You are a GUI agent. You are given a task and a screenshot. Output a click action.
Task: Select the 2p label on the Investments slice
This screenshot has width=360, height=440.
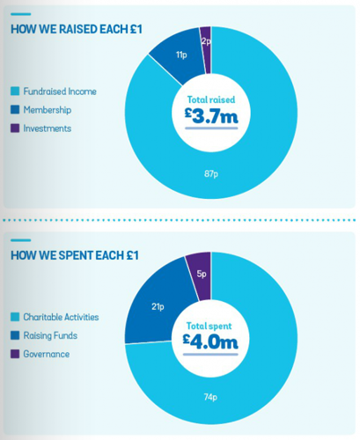pyautogui.click(x=205, y=41)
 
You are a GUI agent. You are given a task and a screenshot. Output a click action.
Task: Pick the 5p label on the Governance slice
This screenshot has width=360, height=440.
pyautogui.click(x=202, y=273)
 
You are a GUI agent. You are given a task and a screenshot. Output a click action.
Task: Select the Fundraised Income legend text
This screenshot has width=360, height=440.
pyautogui.click(x=59, y=91)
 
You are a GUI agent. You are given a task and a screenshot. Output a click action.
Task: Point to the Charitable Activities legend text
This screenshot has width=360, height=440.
pyautogui.click(x=61, y=316)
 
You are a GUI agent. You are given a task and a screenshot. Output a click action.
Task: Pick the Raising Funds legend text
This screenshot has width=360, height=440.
pyautogui.click(x=52, y=335)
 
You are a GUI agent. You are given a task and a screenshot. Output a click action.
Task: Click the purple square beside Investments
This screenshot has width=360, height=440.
pyautogui.click(x=15, y=128)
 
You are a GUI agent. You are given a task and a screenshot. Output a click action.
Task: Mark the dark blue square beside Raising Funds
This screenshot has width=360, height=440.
pyautogui.click(x=15, y=335)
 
